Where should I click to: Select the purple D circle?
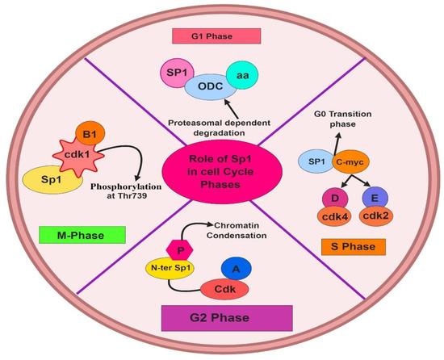point(330,198)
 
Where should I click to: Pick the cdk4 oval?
point(329,220)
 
